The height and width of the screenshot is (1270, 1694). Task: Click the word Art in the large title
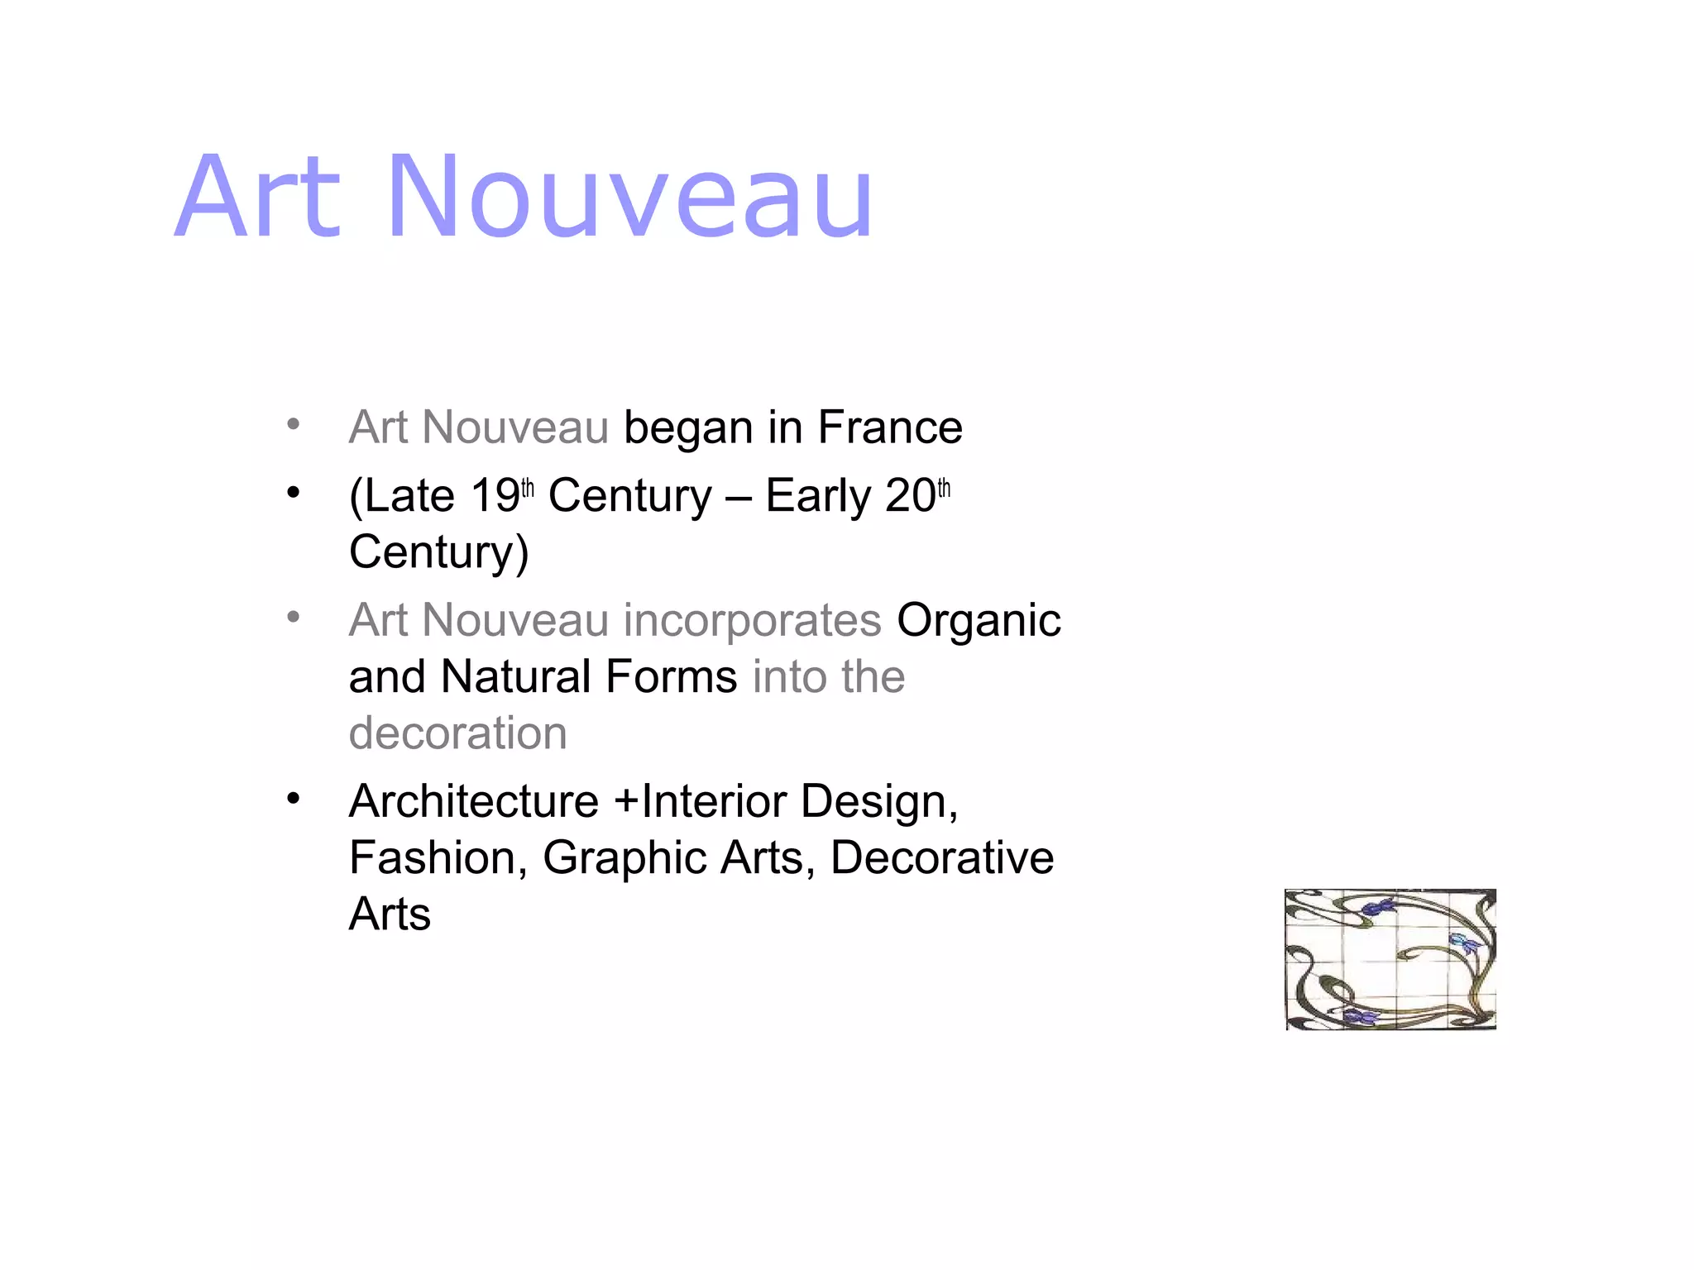tap(258, 198)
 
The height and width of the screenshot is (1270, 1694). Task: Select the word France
tap(890, 427)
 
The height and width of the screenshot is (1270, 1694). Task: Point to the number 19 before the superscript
tap(495, 496)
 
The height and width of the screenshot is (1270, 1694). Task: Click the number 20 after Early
tap(910, 496)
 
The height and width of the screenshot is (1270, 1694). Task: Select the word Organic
tap(979, 622)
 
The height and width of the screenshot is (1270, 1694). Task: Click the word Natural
tap(515, 676)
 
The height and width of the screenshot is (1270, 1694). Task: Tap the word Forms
tap(671, 676)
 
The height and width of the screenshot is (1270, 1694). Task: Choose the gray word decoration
tap(458, 733)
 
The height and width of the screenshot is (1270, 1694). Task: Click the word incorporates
tap(752, 622)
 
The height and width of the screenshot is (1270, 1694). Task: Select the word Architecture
tap(474, 801)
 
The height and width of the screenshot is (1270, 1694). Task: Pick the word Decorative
tap(942, 857)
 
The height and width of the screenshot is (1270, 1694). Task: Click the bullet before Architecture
tap(293, 799)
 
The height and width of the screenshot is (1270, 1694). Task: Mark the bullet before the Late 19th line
tap(293, 494)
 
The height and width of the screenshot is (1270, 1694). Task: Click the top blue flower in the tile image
tap(1377, 908)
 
